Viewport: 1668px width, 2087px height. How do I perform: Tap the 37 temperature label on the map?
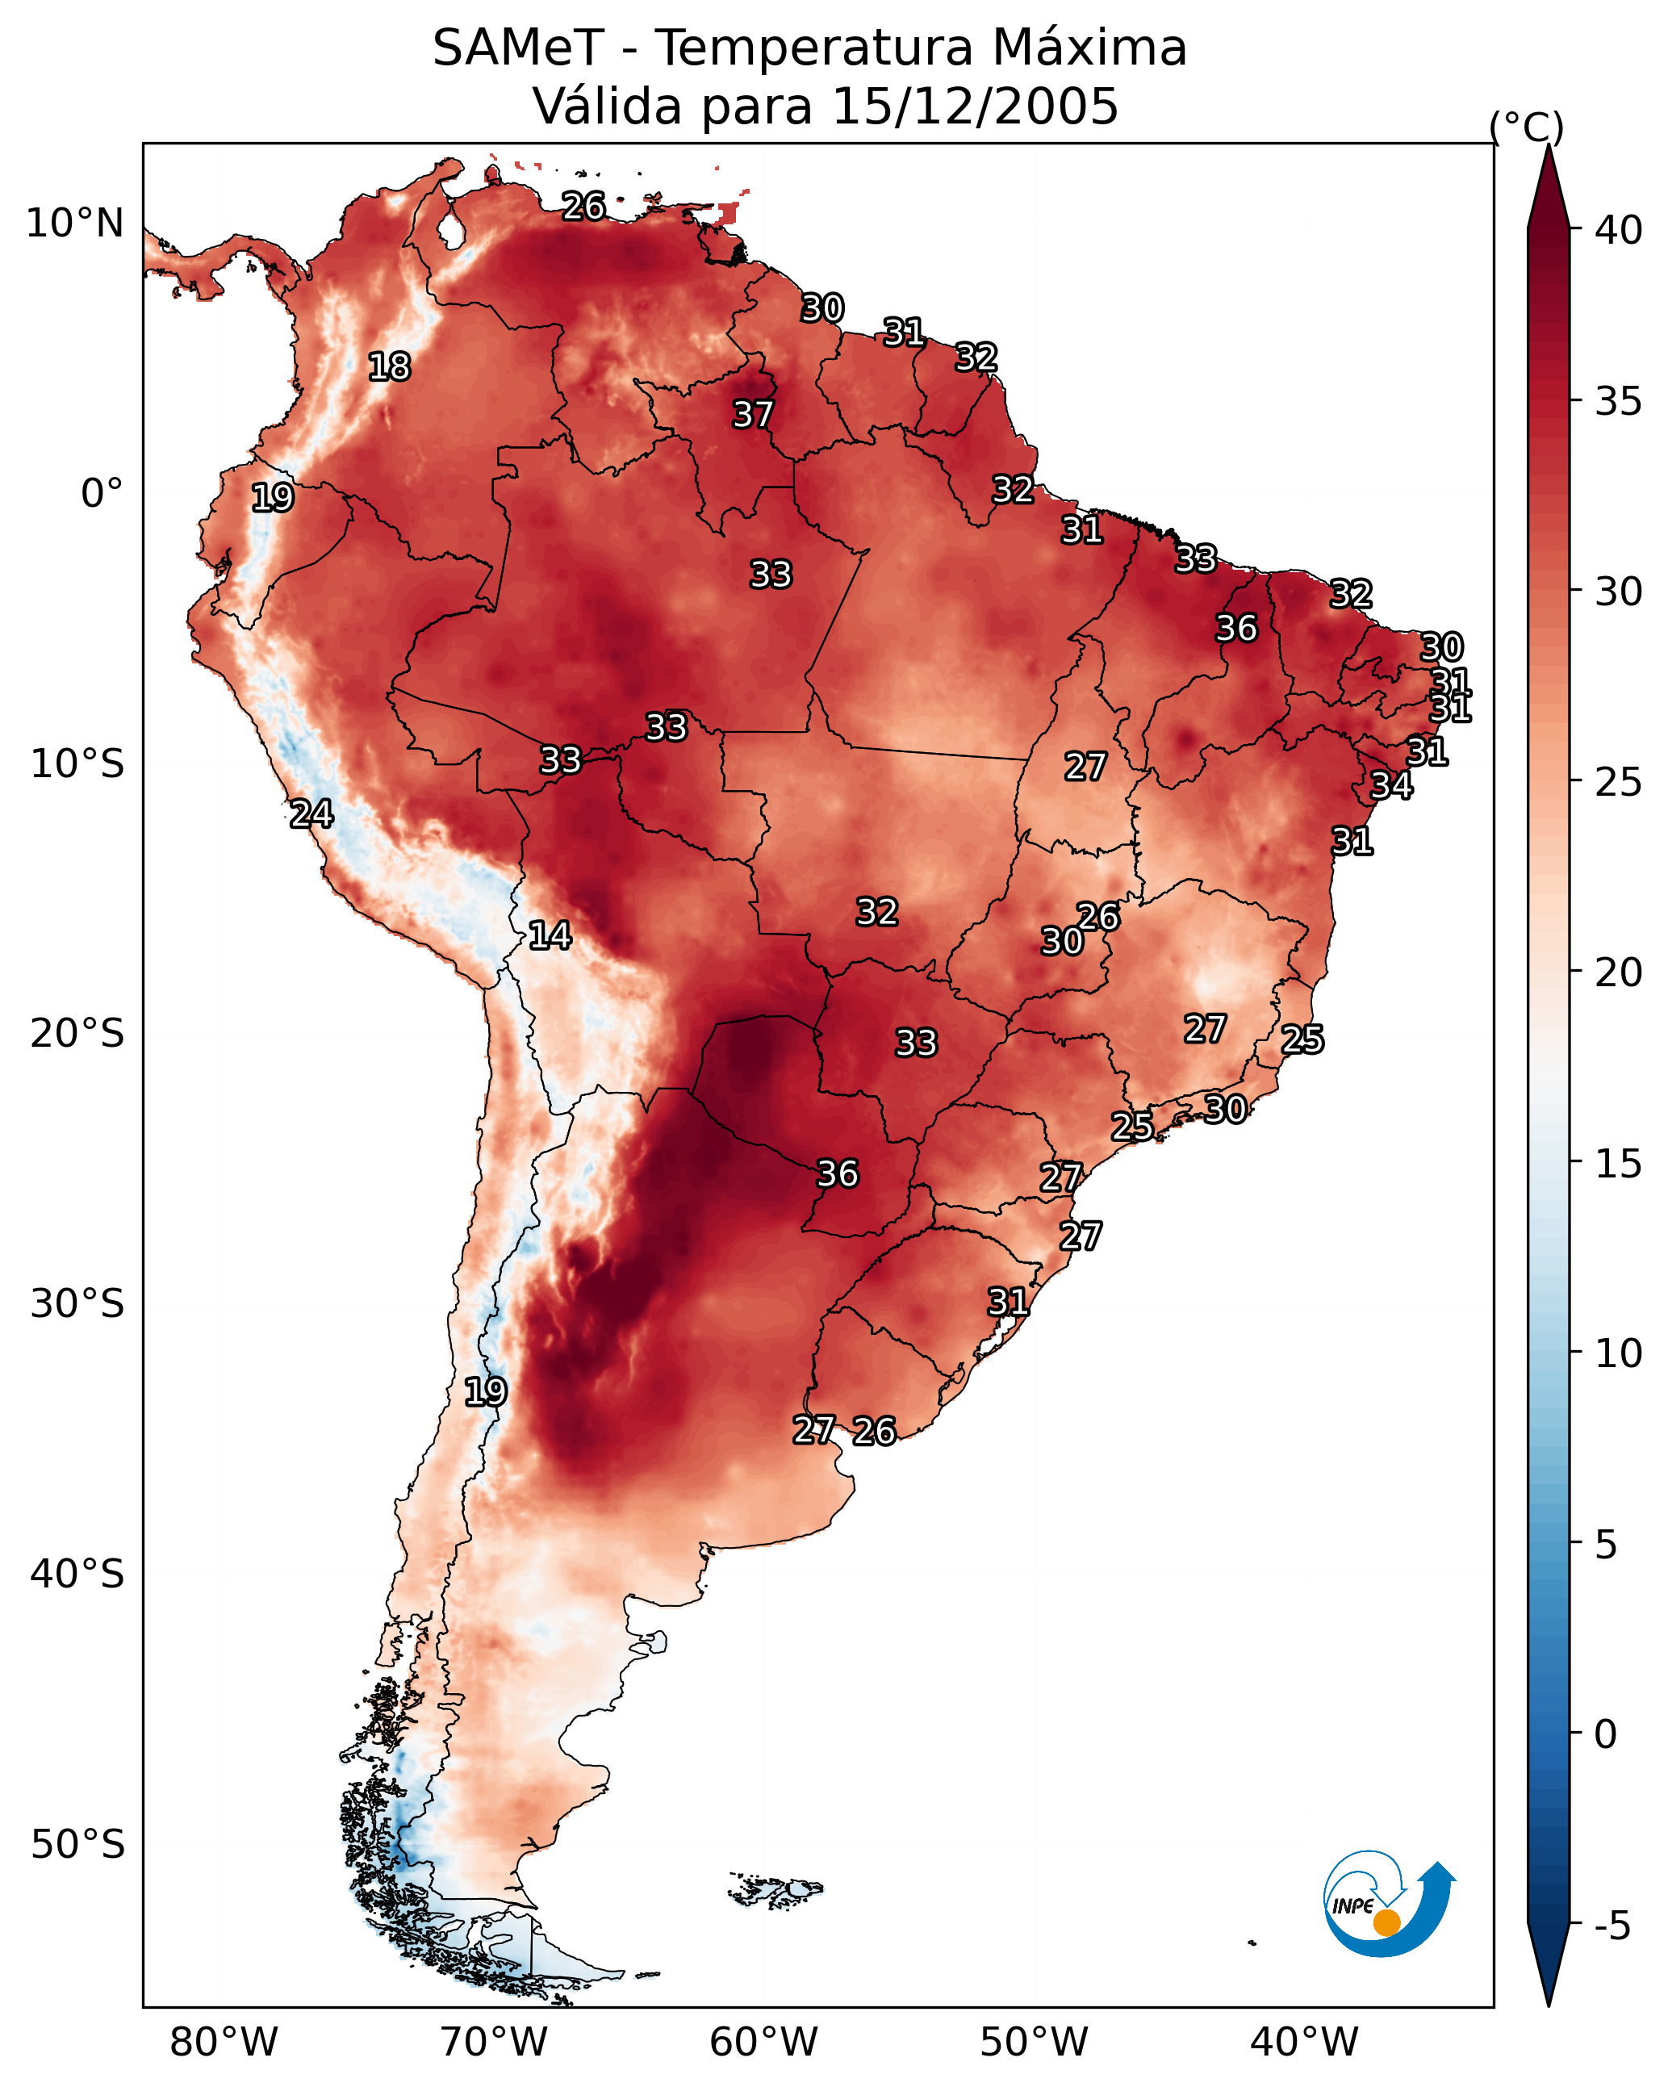[x=753, y=414]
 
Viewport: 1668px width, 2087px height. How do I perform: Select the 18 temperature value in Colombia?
[x=389, y=367]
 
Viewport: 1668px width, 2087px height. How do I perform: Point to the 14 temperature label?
[x=550, y=935]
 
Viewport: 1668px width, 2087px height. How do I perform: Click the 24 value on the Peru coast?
[x=311, y=814]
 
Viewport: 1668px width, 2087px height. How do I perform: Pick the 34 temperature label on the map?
[x=1392, y=785]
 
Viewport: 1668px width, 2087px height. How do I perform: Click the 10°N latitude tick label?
[x=74, y=224]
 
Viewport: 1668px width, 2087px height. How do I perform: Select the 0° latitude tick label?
[x=102, y=494]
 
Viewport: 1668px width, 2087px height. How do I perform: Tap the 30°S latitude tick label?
[x=77, y=1305]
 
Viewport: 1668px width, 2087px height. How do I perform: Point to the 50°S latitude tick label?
[x=77, y=1845]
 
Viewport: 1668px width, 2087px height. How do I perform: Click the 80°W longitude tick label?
[x=224, y=2043]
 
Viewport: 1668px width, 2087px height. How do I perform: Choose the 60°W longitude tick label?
[x=764, y=2043]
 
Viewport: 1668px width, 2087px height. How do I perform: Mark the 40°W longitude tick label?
[x=1304, y=2043]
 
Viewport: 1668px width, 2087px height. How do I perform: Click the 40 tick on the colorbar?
[x=1619, y=230]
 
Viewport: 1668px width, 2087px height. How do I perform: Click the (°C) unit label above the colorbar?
[x=1527, y=127]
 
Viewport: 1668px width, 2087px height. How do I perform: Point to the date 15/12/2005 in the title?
[x=975, y=106]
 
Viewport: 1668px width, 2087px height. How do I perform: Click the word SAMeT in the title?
[x=518, y=48]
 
